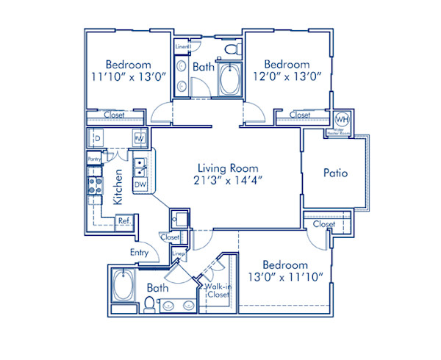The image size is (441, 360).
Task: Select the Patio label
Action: (335, 173)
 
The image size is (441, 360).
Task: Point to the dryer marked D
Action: (96, 138)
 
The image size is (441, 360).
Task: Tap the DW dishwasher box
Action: (140, 184)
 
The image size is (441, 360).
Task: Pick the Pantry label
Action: (93, 159)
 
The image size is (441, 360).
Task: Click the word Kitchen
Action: (118, 187)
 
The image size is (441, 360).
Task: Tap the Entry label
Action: (140, 253)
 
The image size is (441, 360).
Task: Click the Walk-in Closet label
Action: (218, 290)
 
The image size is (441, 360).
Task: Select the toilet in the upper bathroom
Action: (233, 50)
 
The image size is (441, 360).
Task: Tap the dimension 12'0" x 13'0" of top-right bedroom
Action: (287, 76)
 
